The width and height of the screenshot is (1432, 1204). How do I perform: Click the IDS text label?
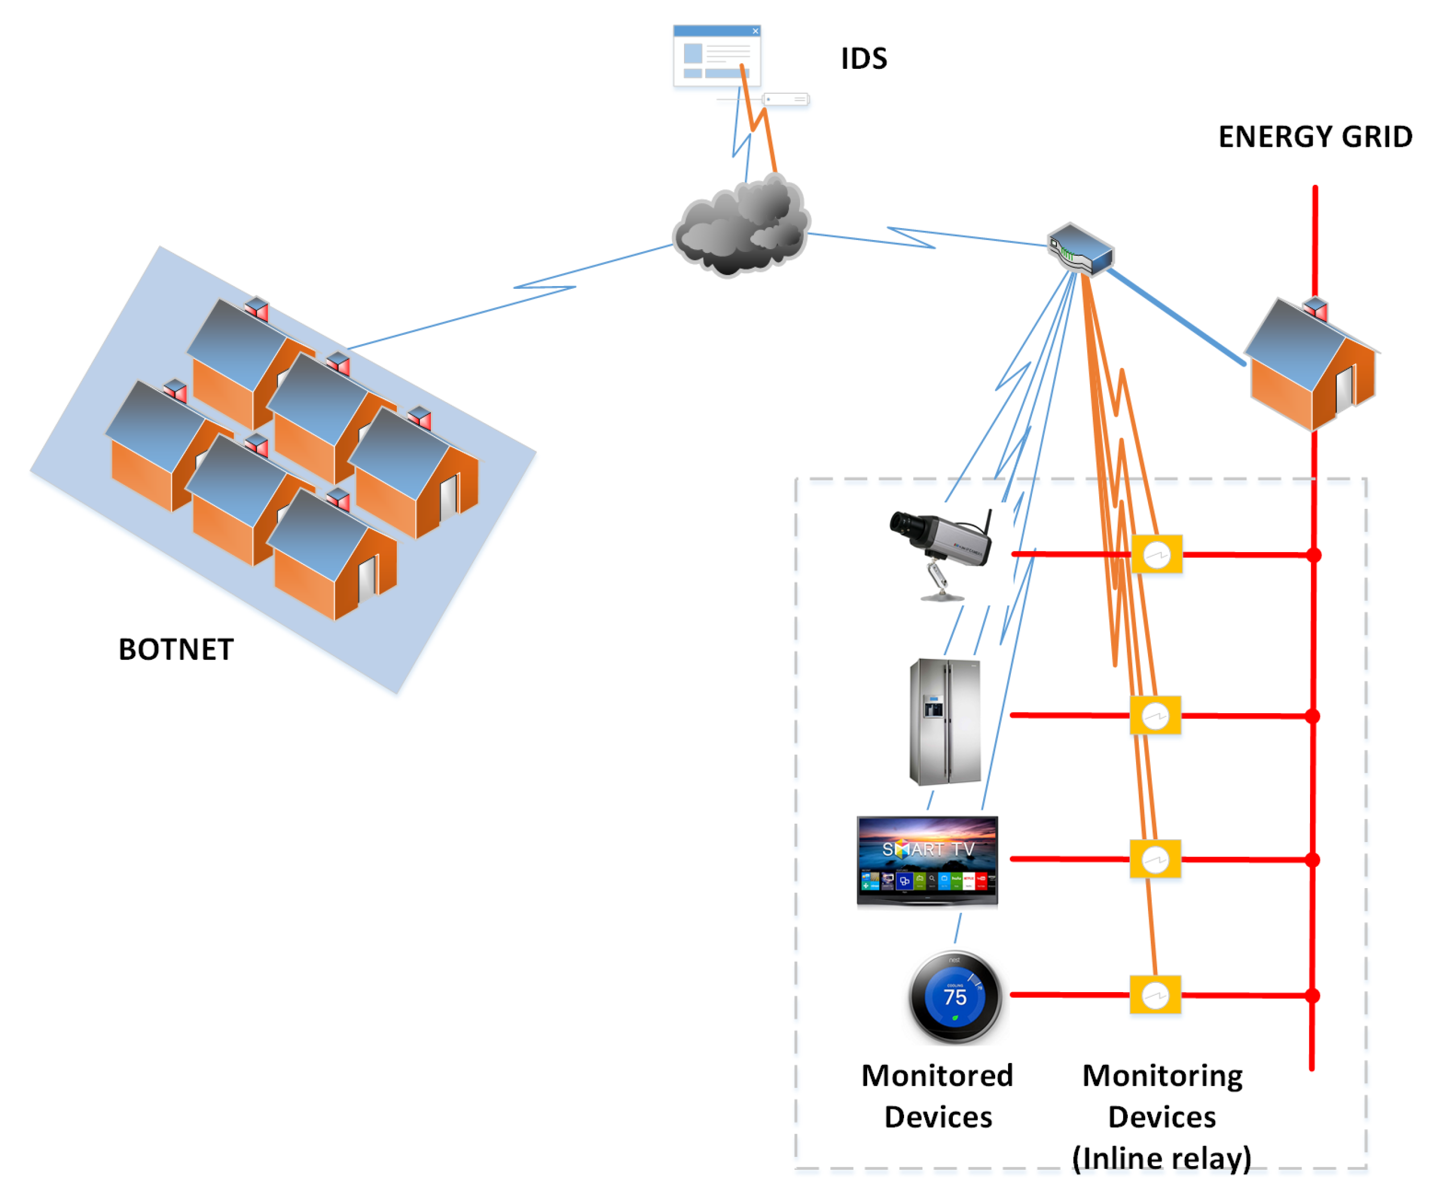tap(863, 59)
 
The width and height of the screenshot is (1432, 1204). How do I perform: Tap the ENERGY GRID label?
tap(1314, 137)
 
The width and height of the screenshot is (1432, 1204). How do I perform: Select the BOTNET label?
tap(176, 649)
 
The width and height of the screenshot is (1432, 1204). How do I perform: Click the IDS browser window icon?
tap(717, 55)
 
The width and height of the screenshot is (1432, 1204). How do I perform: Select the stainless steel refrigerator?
tap(945, 721)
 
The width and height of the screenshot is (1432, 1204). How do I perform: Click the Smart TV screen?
tap(927, 860)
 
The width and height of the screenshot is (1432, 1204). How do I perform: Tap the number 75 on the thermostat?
tap(955, 997)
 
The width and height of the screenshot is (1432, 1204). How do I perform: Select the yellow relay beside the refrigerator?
tap(1156, 715)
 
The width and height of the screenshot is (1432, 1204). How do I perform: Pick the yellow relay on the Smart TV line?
tap(1155, 859)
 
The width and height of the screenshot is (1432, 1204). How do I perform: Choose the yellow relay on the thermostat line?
tap(1155, 995)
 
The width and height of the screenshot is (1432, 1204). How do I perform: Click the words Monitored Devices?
tap(937, 1096)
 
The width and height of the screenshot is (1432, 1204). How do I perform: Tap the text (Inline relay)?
tap(1161, 1159)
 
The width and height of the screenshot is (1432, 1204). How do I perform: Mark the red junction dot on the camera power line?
tap(1314, 555)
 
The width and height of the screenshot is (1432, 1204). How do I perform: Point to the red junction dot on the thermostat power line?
tap(1312, 996)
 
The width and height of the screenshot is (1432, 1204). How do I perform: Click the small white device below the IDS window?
tap(785, 100)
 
